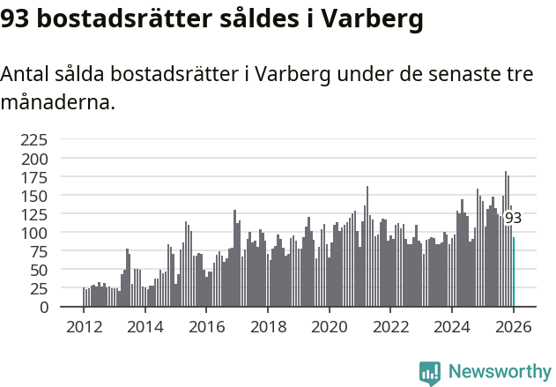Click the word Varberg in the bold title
pos(367,18)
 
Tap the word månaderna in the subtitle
pos(56,102)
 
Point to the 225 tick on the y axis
pos(33,139)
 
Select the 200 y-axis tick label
pos(33,159)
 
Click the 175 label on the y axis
pos(33,177)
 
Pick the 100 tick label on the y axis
pos(33,233)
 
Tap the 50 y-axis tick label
pos(38,270)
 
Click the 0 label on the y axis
pos(43,307)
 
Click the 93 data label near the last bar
pos(513,219)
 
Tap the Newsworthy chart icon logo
pos(430,373)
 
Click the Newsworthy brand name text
pos(499,372)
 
